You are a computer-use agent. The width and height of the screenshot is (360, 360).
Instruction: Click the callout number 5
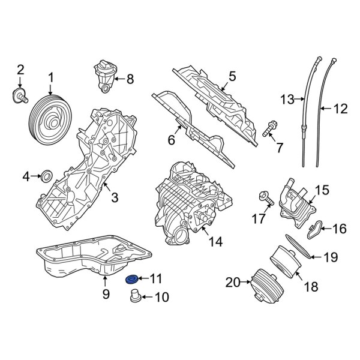pyautogui.click(x=232, y=76)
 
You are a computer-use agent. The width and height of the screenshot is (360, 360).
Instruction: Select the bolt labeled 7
pyautogui.click(x=268, y=128)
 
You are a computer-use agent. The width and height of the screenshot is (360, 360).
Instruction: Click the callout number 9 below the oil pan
pyautogui.click(x=106, y=294)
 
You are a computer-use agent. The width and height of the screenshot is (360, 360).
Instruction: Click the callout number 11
pyautogui.click(x=156, y=278)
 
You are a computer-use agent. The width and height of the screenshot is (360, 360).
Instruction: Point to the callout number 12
pyautogui.click(x=340, y=109)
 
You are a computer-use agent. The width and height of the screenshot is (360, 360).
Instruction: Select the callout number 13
pyautogui.click(x=289, y=99)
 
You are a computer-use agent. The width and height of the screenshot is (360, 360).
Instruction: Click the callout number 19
pyautogui.click(x=331, y=258)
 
